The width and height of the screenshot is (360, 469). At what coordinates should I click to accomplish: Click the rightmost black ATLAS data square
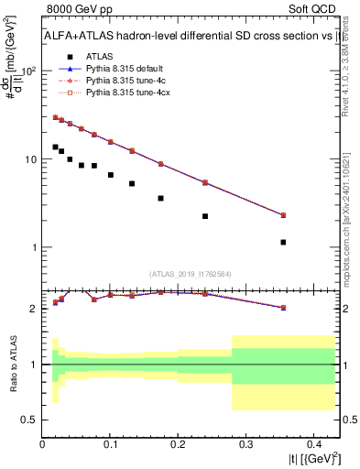pyautogui.click(x=283, y=243)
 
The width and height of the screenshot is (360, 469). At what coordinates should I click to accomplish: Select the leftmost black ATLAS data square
pyautogui.click(x=55, y=147)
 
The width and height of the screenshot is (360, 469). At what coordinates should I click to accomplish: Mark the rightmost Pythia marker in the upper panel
pyautogui.click(x=283, y=215)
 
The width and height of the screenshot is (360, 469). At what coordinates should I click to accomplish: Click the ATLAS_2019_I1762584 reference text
pyautogui.click(x=191, y=273)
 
